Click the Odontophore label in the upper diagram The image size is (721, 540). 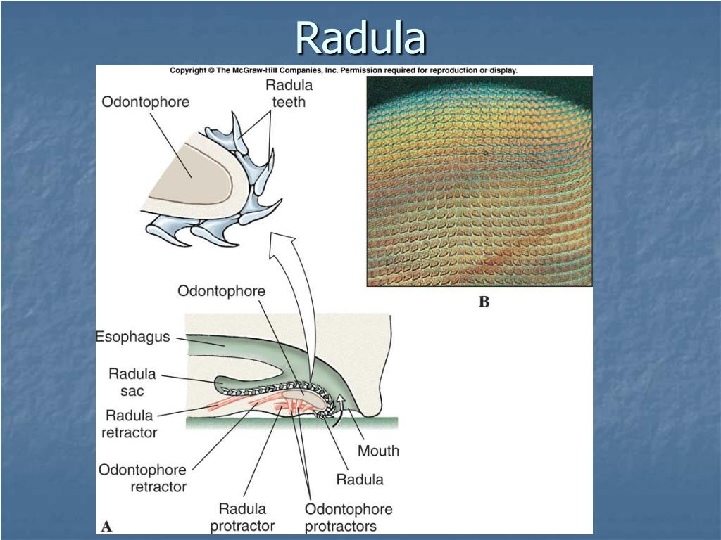pyautogui.click(x=145, y=102)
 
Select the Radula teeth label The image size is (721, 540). pyautogui.click(x=289, y=94)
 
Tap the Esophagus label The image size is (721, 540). pyautogui.click(x=132, y=337)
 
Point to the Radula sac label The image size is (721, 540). pyautogui.click(x=132, y=382)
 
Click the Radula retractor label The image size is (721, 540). pyautogui.click(x=129, y=424)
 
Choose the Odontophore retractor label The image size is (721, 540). pyautogui.click(x=142, y=477)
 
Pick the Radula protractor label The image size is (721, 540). pyautogui.click(x=242, y=517)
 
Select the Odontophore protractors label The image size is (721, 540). pyautogui.click(x=348, y=517)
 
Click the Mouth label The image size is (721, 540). pyautogui.click(x=378, y=451)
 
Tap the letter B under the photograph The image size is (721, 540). pyautogui.click(x=484, y=302)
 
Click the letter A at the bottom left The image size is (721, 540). pyautogui.click(x=107, y=525)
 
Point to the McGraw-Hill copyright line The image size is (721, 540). pyautogui.click(x=344, y=70)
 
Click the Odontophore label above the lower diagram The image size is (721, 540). pyautogui.click(x=221, y=291)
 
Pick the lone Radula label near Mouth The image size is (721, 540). pyautogui.click(x=359, y=480)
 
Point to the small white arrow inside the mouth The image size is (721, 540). pyautogui.click(x=342, y=403)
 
